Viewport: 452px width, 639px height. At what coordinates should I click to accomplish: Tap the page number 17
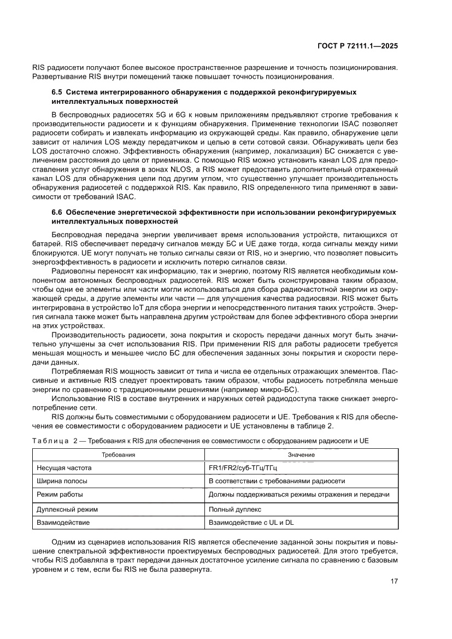394,581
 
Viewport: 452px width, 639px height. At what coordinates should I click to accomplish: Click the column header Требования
119,455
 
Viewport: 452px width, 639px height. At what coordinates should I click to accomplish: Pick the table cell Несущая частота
64,468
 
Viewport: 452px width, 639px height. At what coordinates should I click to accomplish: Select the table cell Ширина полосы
62,481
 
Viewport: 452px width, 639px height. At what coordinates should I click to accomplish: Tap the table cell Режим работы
60,495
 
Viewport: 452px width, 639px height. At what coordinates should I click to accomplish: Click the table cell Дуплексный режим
67,509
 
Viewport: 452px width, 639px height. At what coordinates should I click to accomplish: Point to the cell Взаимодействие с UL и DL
251,523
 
